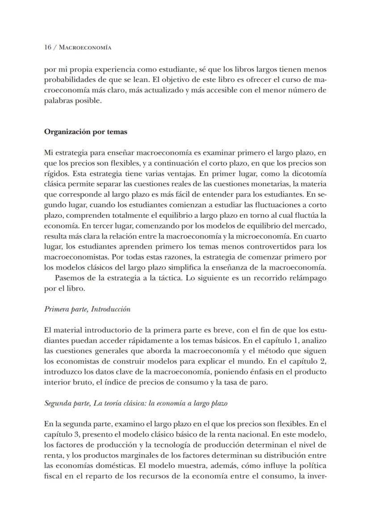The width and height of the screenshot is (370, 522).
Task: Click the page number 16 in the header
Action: [x=48, y=47]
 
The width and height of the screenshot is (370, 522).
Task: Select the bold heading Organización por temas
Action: [x=85, y=132]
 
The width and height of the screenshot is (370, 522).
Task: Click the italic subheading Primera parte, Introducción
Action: [x=87, y=309]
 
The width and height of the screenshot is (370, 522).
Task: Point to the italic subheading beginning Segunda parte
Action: [x=136, y=403]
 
